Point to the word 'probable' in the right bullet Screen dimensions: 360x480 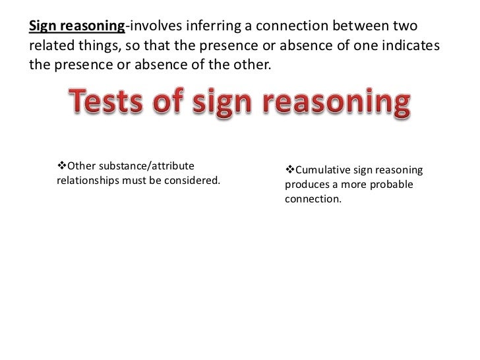(x=389, y=185)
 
